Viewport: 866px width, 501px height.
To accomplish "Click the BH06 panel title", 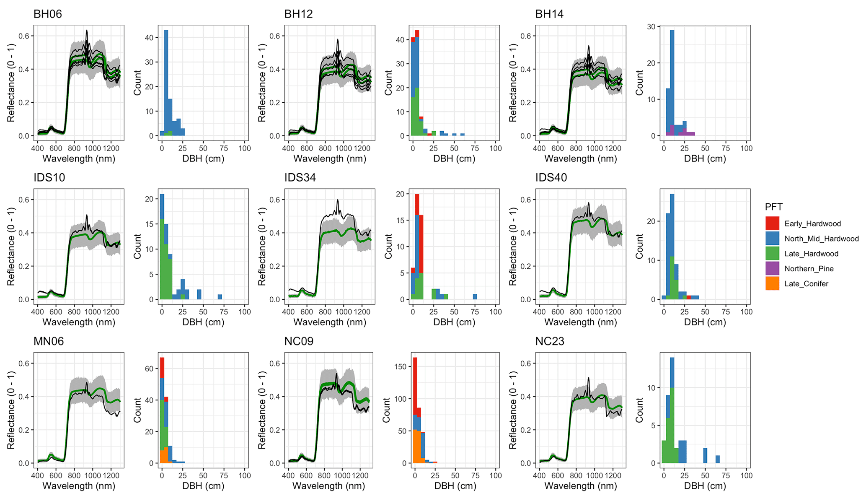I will [x=47, y=14].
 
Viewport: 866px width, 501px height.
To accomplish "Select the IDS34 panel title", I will [x=300, y=178].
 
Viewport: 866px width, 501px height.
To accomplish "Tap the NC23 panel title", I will [x=550, y=341].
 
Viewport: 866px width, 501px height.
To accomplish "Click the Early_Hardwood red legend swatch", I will [x=772, y=223].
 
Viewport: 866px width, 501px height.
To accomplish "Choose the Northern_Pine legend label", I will [x=809, y=269].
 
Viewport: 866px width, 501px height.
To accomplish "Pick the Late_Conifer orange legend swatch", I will [x=772, y=283].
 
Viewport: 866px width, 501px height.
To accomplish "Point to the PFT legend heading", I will [x=773, y=207].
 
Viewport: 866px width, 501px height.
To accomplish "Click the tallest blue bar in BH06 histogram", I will [x=166, y=80].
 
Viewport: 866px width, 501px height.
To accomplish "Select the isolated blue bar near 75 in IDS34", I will [x=475, y=297].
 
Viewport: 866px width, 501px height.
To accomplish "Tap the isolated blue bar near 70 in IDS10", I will [x=220, y=297].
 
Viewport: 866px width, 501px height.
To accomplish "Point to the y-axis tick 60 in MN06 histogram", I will [x=150, y=369].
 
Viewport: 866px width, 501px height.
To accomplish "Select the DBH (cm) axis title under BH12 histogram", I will [x=454, y=159].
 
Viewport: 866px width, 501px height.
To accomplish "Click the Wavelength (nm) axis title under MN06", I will [x=79, y=486].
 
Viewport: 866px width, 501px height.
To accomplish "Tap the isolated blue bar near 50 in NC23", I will [x=705, y=455].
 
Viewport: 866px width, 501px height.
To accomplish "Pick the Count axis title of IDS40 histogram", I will [x=639, y=246].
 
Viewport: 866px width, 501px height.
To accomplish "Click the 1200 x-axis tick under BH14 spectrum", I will [x=613, y=148].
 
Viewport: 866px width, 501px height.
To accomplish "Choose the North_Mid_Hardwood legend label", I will [x=821, y=239].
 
